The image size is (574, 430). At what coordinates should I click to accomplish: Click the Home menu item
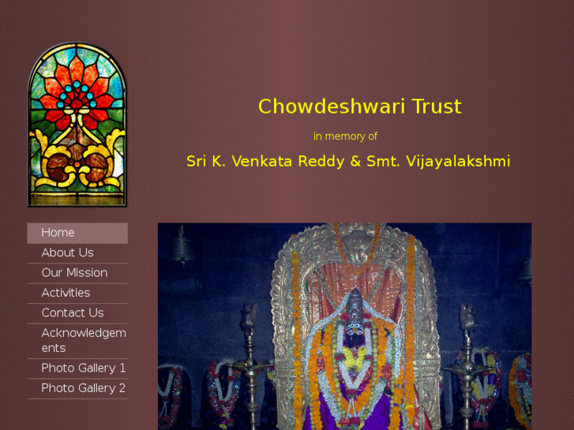click(58, 233)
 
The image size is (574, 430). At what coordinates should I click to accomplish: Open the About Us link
click(67, 252)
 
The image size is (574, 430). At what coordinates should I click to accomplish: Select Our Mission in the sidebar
click(74, 273)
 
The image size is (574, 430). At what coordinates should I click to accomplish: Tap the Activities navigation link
click(66, 293)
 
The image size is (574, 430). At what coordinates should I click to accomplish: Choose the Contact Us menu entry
click(72, 313)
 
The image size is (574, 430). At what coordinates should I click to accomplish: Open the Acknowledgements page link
click(83, 340)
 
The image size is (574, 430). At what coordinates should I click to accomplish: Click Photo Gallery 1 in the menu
click(83, 368)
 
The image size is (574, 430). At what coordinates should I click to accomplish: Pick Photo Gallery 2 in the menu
click(83, 388)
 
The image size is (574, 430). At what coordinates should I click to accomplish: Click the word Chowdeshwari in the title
click(320, 107)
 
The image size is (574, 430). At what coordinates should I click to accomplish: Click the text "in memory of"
click(345, 136)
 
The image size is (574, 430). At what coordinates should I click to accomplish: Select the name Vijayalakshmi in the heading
click(458, 162)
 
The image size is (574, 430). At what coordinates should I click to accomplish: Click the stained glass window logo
click(77, 126)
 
